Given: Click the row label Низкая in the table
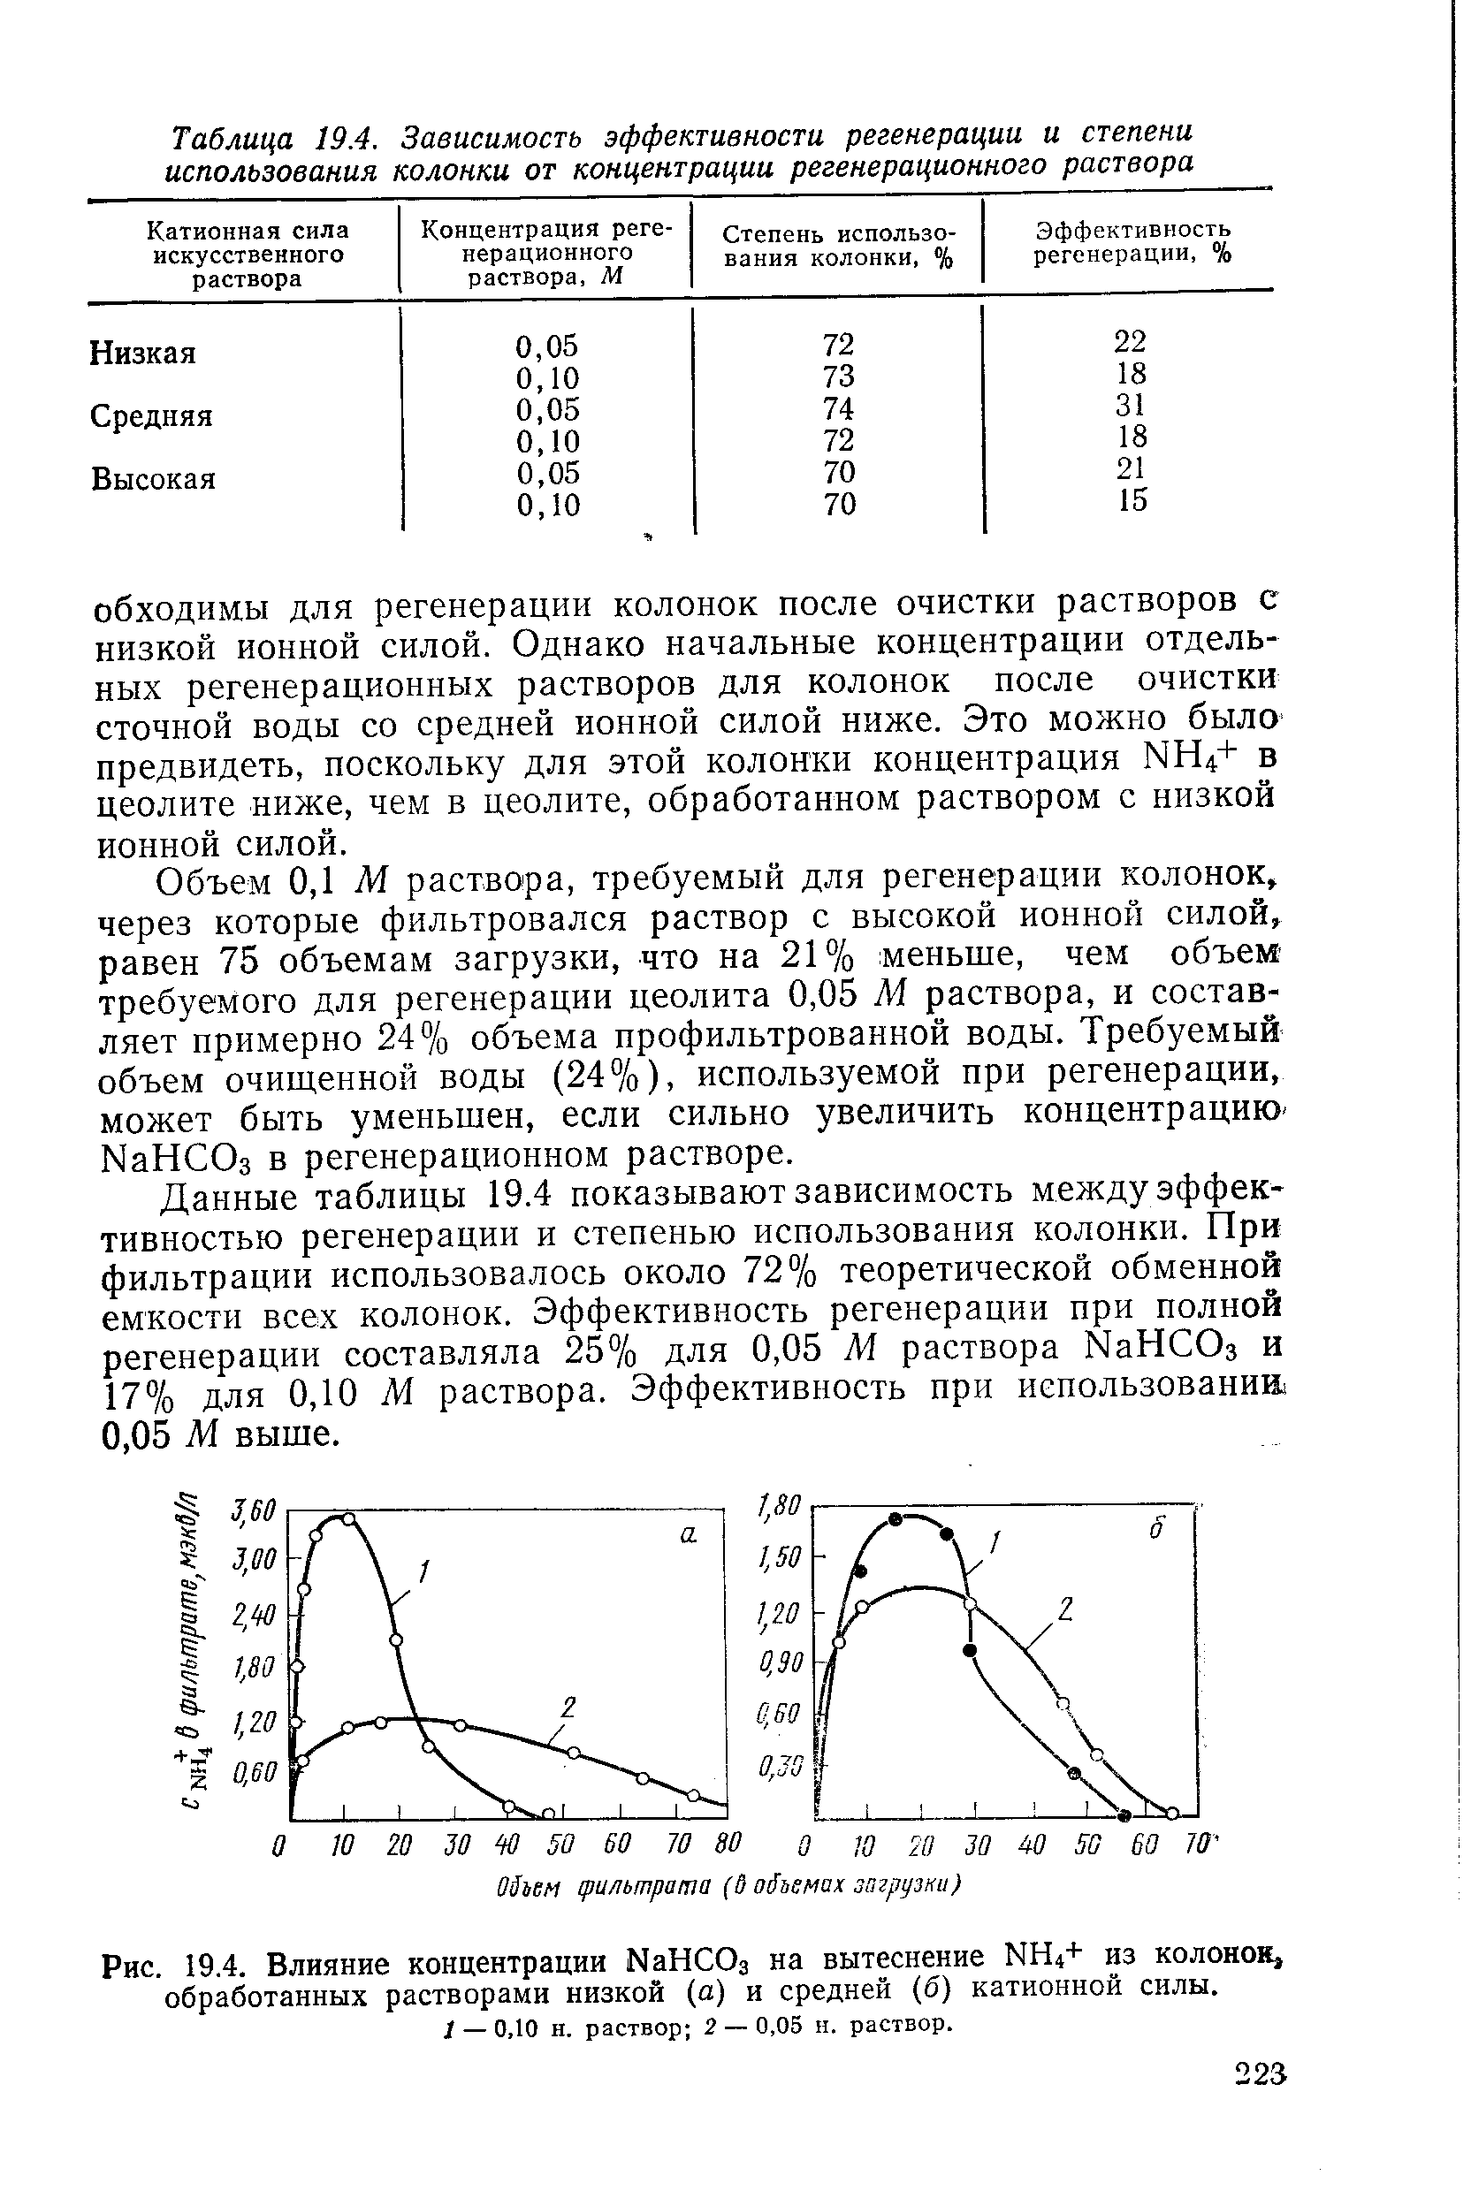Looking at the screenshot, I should [142, 354].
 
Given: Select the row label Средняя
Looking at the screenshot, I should [152, 415].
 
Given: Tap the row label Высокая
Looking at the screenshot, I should [154, 479].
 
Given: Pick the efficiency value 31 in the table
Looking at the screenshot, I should [1132, 405].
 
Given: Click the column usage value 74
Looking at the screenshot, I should [839, 408].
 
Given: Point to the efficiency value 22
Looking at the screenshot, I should [1131, 340].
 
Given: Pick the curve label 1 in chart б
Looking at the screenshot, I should [997, 1542].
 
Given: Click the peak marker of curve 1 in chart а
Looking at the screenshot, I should [348, 1518].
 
